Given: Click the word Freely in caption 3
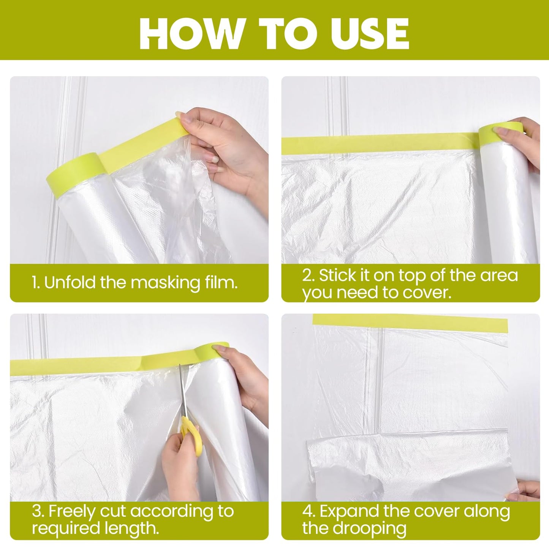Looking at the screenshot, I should point(72,511).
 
